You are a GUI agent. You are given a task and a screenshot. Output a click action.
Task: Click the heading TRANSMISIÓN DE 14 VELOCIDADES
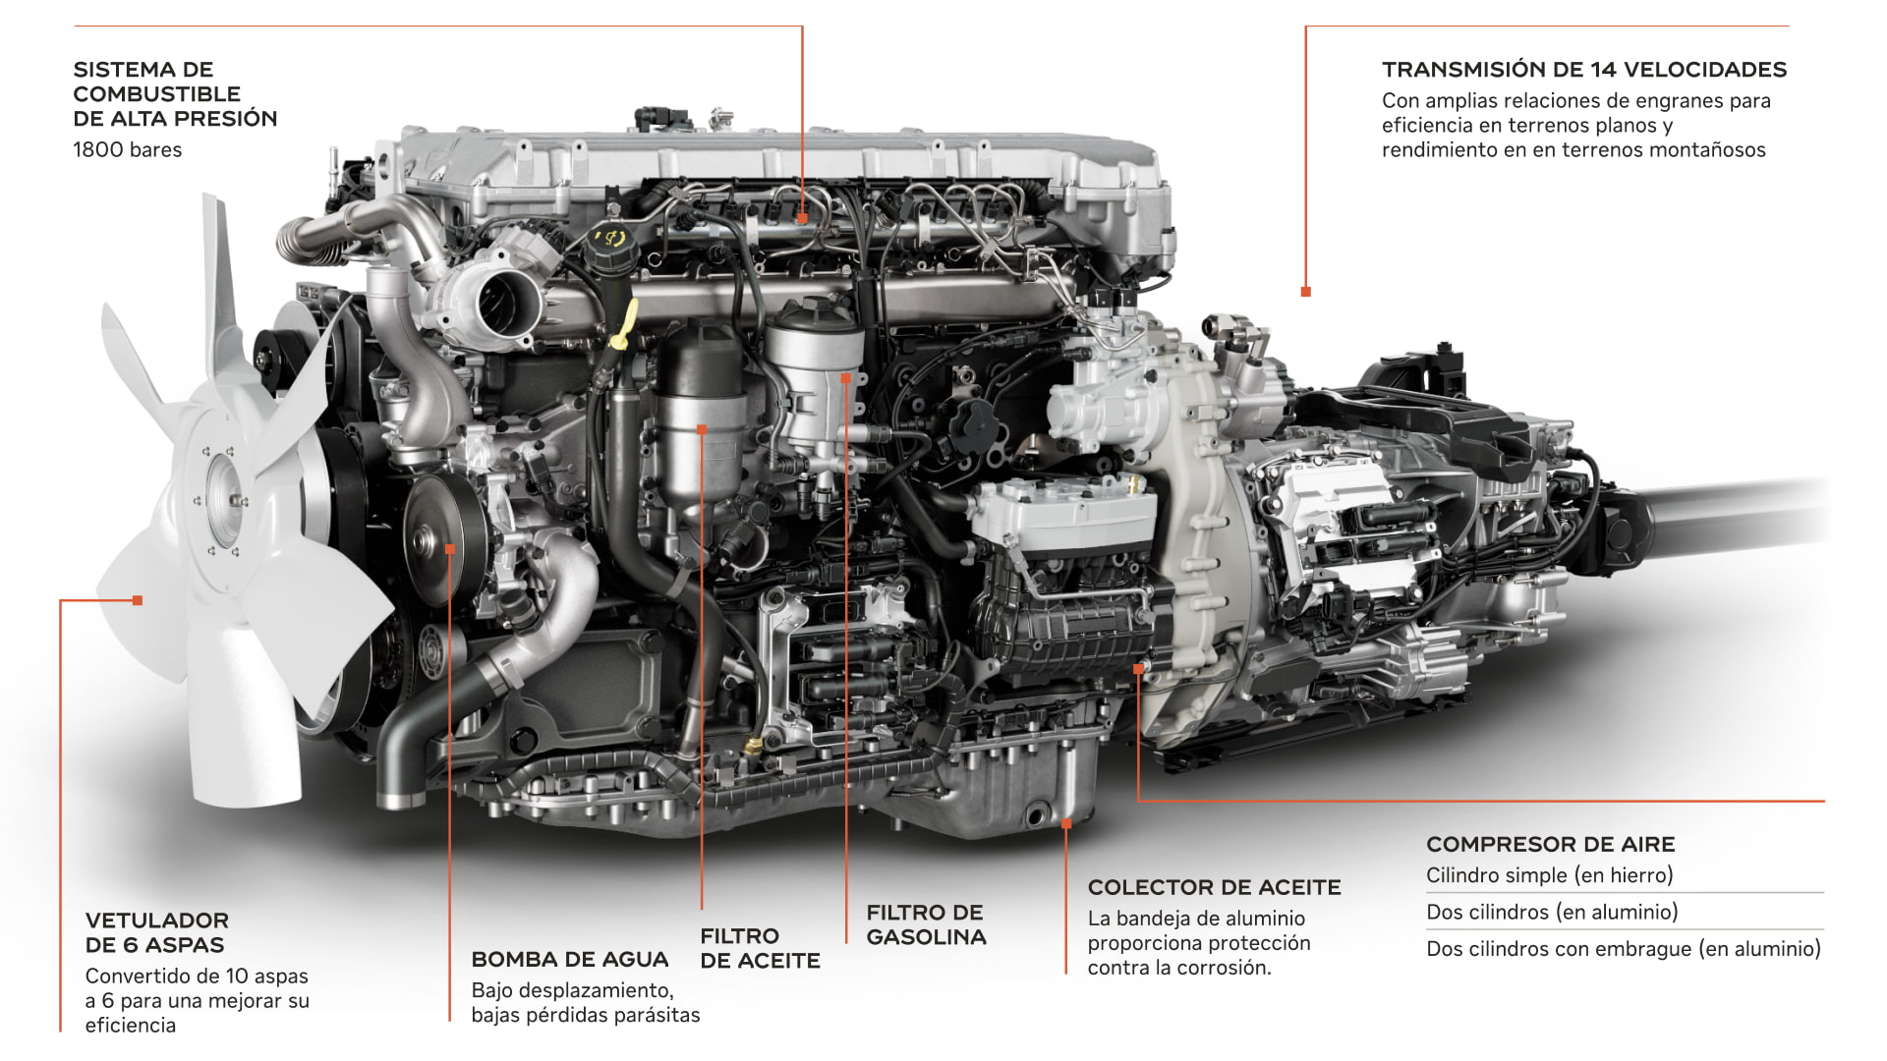pyautogui.click(x=1584, y=70)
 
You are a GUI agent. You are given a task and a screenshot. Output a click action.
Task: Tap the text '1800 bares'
pyautogui.click(x=128, y=150)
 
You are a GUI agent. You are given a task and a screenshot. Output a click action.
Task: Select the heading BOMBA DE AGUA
pyautogui.click(x=570, y=960)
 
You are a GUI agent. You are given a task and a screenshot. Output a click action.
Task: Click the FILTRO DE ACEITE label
pyautogui.click(x=760, y=949)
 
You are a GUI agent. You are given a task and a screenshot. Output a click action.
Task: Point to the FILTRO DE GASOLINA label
pyautogui.click(x=926, y=925)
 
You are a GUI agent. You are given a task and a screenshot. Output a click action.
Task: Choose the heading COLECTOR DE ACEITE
pyautogui.click(x=1214, y=888)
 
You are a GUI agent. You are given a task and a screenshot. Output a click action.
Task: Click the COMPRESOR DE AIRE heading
pyautogui.click(x=1550, y=845)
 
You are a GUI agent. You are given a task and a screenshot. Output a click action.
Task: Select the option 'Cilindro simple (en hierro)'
pyautogui.click(x=1550, y=875)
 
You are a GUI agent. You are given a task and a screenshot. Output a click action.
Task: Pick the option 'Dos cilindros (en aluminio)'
pyautogui.click(x=1552, y=912)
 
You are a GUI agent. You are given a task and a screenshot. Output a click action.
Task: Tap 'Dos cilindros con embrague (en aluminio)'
pyautogui.click(x=1624, y=949)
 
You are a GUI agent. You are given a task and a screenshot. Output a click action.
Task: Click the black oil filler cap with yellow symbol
pyautogui.click(x=610, y=239)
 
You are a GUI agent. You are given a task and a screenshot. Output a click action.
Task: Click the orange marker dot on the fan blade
pyautogui.click(x=138, y=600)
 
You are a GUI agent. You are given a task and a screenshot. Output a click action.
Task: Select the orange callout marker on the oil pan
pyautogui.click(x=1066, y=823)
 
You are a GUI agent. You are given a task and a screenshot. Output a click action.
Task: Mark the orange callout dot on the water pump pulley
pyautogui.click(x=450, y=549)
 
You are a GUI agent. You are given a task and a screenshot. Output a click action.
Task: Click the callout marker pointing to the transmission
pyautogui.click(x=1305, y=292)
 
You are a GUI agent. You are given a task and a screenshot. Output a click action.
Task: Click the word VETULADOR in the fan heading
pyautogui.click(x=157, y=921)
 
